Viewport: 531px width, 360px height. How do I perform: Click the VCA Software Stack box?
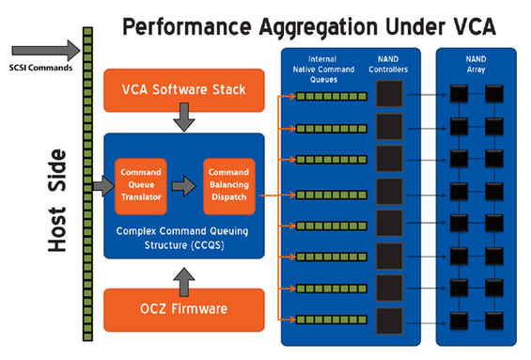point(184,90)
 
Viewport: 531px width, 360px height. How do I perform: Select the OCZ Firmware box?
point(184,309)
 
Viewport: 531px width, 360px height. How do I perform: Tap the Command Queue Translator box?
point(141,186)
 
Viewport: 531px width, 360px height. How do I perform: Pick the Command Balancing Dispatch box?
point(229,186)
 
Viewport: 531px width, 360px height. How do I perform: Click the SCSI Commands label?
point(40,68)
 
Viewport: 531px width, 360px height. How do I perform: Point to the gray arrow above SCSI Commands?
point(46,51)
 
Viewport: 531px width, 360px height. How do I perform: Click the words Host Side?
point(57,200)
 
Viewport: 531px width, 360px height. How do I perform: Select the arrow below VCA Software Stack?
point(184,117)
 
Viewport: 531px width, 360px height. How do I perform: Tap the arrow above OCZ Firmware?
point(184,282)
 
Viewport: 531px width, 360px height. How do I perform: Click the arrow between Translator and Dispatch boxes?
point(184,186)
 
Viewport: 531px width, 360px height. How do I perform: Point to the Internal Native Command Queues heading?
point(323,70)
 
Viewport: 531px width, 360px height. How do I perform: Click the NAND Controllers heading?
point(388,64)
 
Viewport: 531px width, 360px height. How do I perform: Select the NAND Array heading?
point(476,64)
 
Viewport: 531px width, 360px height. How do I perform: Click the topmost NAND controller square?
point(389,94)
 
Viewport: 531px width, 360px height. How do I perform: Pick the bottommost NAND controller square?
point(389,321)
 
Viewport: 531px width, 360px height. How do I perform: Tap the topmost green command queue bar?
point(332,97)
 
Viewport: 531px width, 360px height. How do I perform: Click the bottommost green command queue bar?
point(332,320)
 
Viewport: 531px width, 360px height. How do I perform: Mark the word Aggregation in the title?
point(319,27)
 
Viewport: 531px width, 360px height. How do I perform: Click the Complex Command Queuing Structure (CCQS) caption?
point(183,238)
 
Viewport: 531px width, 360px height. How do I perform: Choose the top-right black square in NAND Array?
point(494,94)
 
